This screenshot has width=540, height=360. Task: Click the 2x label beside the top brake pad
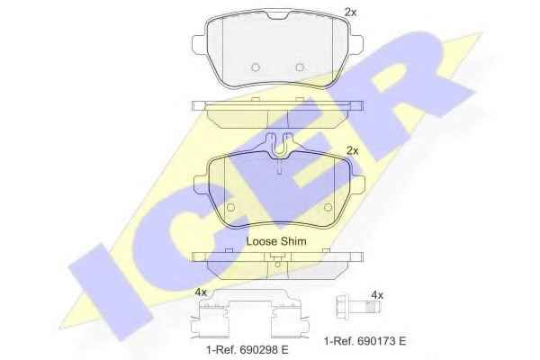tap(351, 13)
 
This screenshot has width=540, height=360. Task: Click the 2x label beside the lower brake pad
tap(352, 151)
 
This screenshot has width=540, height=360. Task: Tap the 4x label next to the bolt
tap(377, 295)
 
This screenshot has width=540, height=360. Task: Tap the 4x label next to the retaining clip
tap(201, 292)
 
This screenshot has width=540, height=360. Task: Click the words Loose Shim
tap(276, 241)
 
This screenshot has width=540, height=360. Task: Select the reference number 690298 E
tap(262, 350)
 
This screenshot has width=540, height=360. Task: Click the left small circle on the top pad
tap(256, 67)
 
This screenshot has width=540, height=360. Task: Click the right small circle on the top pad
tap(300, 67)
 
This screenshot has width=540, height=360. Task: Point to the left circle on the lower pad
tap(230, 207)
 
